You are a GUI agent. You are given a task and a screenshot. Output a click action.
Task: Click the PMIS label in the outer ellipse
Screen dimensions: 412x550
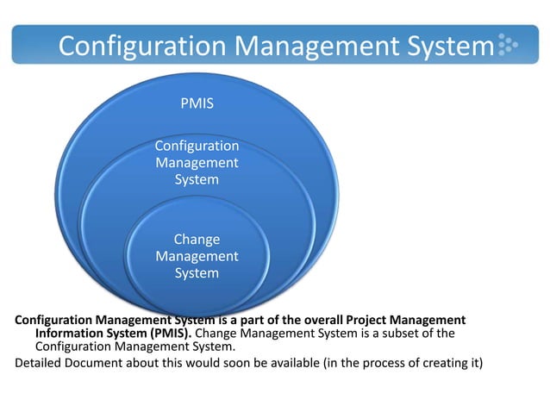coord(197,103)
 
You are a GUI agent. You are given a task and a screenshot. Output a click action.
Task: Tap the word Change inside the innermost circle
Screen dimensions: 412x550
coord(197,239)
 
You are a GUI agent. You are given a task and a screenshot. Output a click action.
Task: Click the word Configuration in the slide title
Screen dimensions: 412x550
coord(143,45)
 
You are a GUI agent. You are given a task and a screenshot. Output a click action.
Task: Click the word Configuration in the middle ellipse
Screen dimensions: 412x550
coord(197,146)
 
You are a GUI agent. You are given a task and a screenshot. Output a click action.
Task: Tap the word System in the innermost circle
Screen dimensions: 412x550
coord(197,273)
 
